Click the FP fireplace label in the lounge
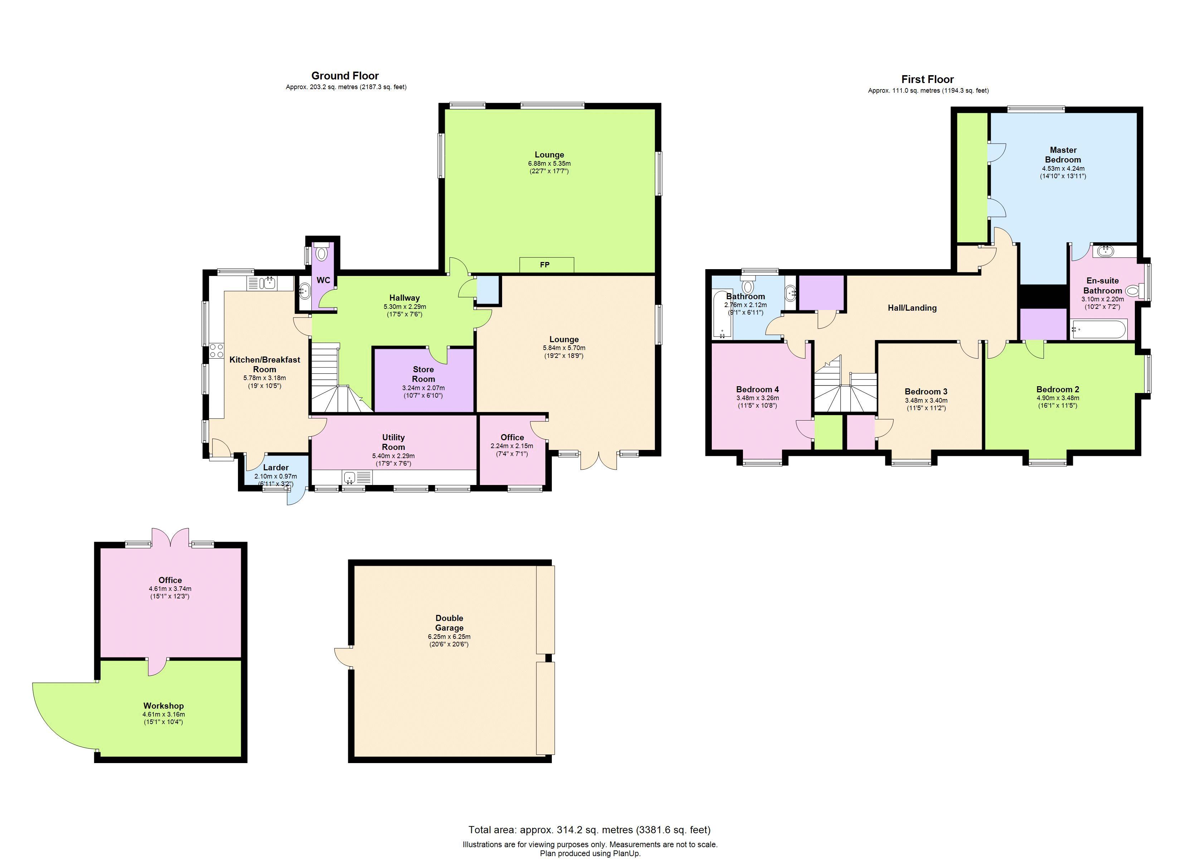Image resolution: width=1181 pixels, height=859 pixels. pos(545,265)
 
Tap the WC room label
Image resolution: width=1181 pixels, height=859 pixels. pos(324,280)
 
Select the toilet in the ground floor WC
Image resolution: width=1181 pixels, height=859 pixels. pos(322,253)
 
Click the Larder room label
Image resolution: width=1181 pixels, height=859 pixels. pos(276,467)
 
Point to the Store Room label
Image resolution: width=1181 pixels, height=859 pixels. pos(423,374)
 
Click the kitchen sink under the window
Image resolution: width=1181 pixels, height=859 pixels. pos(269,283)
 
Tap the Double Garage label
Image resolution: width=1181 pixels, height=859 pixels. pos(449,622)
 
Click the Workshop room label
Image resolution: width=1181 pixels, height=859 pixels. pos(164,706)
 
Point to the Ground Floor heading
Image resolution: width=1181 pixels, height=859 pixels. pos(345,76)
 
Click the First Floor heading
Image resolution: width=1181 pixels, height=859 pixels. pos(927,79)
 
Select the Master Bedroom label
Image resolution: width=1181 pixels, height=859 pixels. pos(1063,155)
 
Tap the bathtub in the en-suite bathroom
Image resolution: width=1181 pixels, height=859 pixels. pos(1099,330)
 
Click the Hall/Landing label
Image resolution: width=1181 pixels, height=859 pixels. pos(912,308)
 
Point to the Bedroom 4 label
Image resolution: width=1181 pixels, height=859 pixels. pos(757,389)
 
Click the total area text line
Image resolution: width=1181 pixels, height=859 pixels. pos(589,830)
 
